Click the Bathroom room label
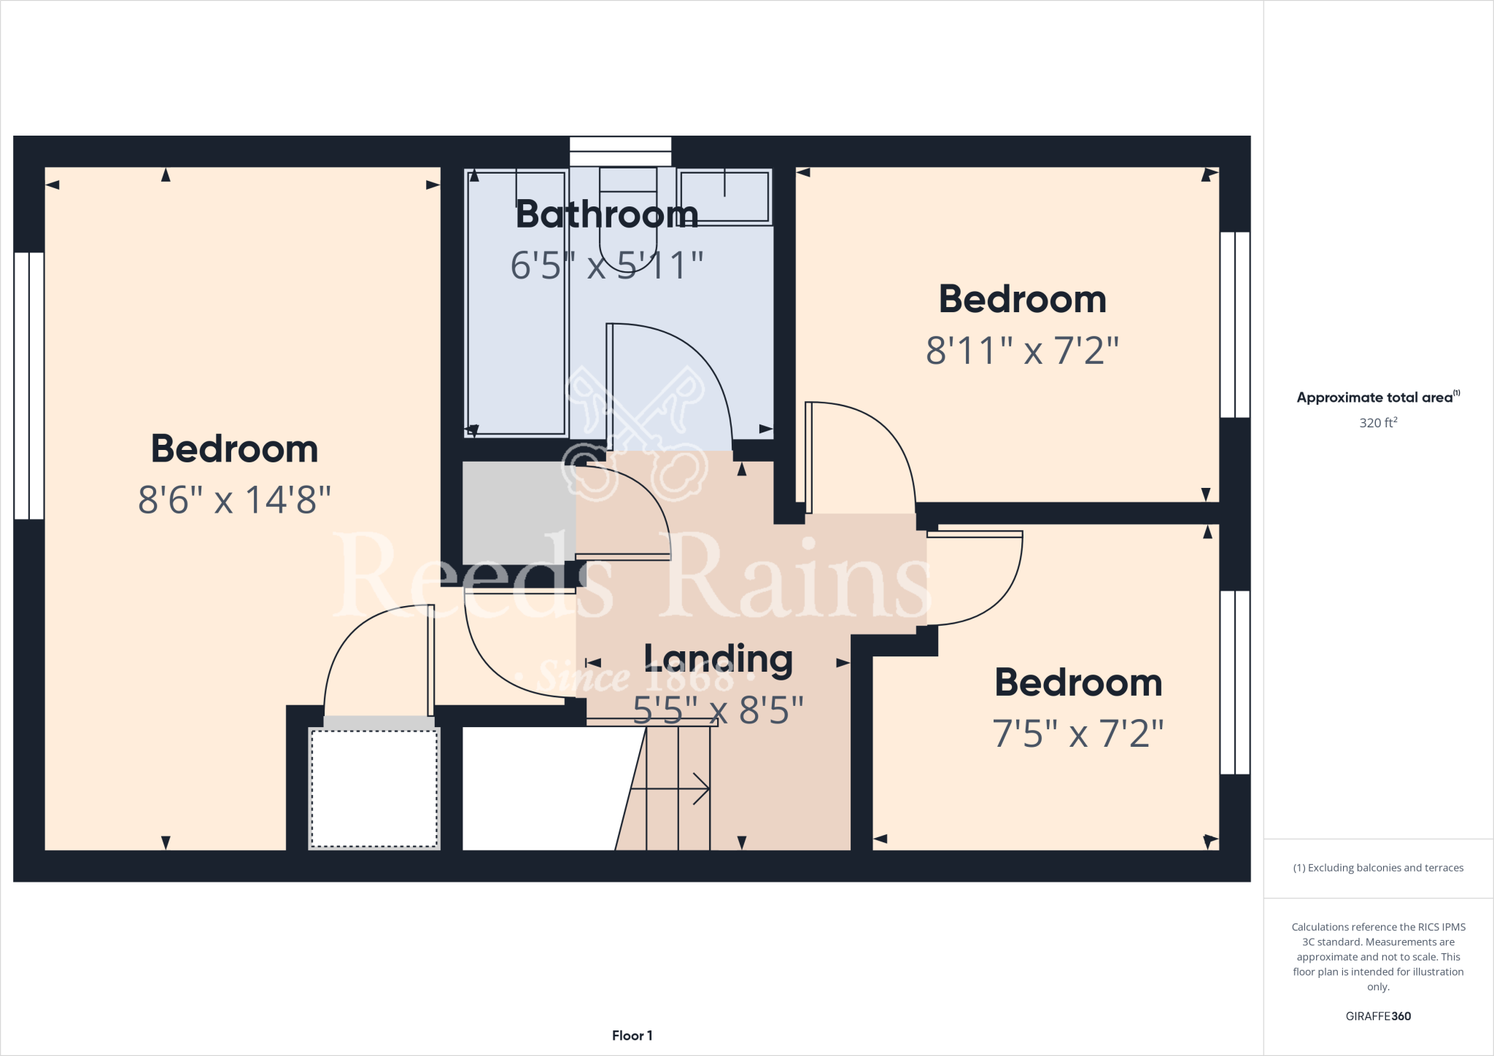pos(607,214)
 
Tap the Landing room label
pos(719,659)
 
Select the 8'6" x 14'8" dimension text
pos(235,500)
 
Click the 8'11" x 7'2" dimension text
pos(1022,351)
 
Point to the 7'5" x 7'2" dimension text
pos(1077,734)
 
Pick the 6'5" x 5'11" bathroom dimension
pos(607,265)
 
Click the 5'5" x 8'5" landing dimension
pos(719,710)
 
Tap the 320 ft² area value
pos(1378,423)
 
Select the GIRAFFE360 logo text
pos(1378,1016)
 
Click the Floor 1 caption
pos(632,1036)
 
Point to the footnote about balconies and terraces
pos(1378,868)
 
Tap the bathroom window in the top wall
pos(620,151)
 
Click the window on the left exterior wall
pos(29,385)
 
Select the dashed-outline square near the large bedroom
pos(374,788)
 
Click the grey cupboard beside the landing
pos(518,513)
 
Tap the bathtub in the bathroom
pos(516,303)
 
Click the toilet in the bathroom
pos(627,211)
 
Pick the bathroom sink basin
pos(724,195)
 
